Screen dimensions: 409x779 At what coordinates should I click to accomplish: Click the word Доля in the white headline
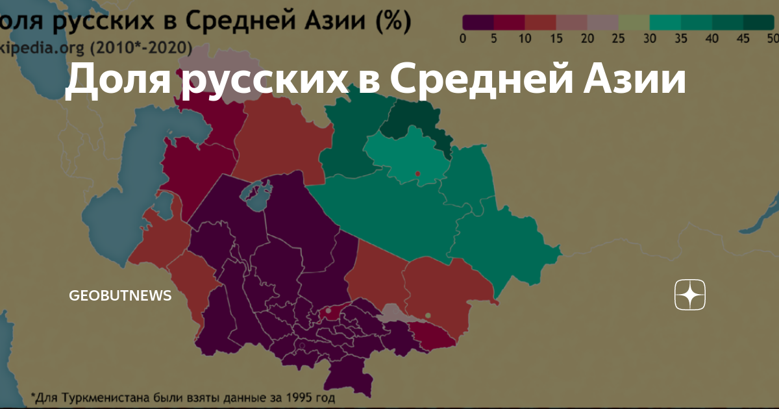click(x=116, y=82)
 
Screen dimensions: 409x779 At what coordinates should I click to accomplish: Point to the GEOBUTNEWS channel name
click(x=120, y=295)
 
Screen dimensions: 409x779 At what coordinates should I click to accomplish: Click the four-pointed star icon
click(x=689, y=295)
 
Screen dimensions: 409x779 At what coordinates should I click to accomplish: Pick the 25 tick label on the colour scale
click(x=619, y=39)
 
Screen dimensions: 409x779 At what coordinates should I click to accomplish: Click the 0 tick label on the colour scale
click(x=462, y=39)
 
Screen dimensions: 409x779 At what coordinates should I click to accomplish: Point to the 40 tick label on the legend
click(x=712, y=39)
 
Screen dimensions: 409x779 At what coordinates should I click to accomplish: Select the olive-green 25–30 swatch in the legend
click(x=634, y=22)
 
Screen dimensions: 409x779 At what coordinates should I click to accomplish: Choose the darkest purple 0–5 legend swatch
click(x=478, y=22)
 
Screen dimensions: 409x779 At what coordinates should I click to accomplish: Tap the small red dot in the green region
click(x=417, y=173)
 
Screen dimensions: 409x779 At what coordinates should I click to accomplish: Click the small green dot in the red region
click(x=428, y=316)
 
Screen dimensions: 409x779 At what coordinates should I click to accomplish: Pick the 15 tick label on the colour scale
click(x=556, y=39)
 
